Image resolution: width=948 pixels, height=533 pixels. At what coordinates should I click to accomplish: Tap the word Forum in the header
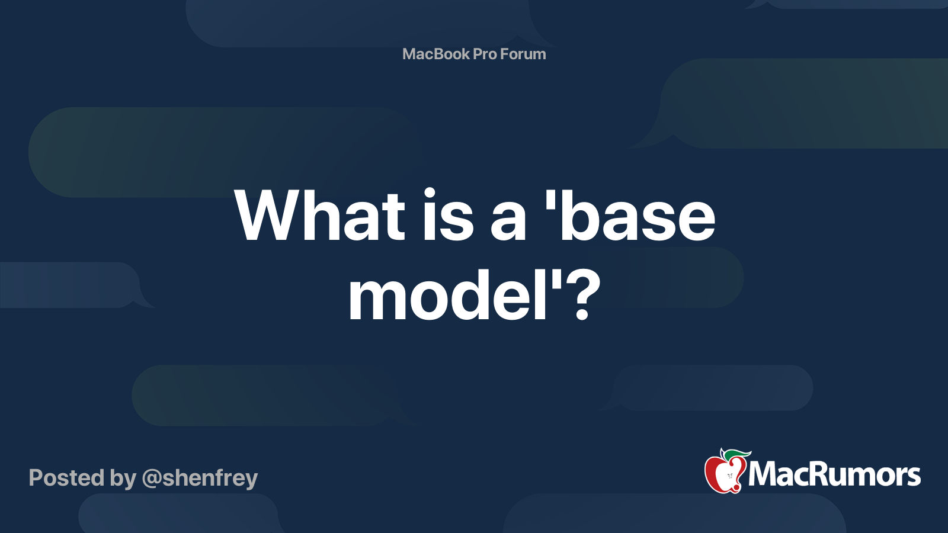[523, 54]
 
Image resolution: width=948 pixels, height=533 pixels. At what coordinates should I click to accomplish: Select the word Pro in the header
[485, 54]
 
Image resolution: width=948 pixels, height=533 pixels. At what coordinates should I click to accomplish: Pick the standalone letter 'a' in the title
[508, 222]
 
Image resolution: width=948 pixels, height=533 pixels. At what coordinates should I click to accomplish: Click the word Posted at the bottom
[66, 478]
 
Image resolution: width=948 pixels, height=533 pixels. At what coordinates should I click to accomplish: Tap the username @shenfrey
[200, 478]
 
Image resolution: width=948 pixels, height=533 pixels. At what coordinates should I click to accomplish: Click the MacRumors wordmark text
[834, 474]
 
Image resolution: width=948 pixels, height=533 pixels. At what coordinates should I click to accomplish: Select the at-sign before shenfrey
[152, 479]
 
